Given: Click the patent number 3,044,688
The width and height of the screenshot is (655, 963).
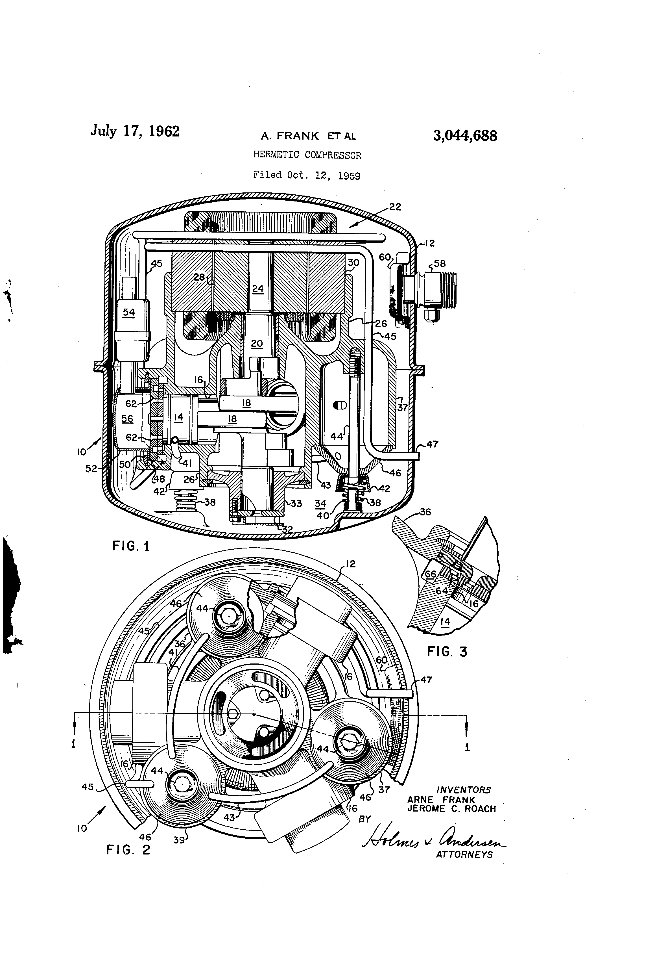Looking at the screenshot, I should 465,136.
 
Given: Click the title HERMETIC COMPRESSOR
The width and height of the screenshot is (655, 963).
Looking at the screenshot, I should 307,155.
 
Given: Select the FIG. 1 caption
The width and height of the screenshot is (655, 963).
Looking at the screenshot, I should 131,546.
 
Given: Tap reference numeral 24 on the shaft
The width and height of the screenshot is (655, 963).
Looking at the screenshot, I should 257,289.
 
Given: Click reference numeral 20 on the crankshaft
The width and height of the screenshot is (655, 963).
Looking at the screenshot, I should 257,344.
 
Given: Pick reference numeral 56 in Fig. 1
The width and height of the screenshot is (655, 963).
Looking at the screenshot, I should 127,419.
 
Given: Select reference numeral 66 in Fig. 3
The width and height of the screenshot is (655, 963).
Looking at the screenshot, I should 431,574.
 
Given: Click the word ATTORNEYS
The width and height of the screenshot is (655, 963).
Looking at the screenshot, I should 464,855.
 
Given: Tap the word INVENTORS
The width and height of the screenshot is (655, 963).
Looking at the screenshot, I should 463,790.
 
